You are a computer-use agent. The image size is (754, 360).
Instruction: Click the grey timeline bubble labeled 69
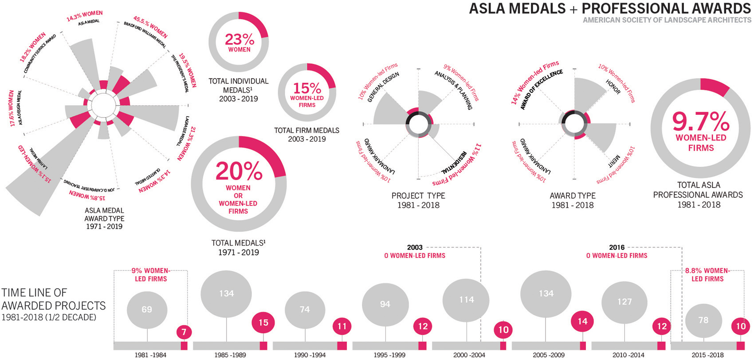tap(147, 309)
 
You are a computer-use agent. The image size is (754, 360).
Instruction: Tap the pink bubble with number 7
tap(184, 332)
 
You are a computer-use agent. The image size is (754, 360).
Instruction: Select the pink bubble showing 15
tap(263, 322)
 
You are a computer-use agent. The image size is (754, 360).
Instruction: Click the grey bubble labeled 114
tap(466, 300)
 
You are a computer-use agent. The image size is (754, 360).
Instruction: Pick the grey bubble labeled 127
tap(624, 301)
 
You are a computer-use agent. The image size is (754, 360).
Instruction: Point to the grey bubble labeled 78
tap(703, 320)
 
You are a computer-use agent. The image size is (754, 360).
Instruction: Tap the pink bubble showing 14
tap(582, 321)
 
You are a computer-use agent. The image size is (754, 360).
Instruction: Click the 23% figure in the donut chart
tap(239, 39)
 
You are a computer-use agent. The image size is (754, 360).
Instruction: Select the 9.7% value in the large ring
tap(701, 121)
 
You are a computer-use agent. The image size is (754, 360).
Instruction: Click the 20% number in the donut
tap(239, 171)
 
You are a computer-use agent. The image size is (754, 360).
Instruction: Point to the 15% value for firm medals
tap(307, 88)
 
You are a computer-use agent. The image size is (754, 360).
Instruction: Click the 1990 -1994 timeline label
tap(310, 355)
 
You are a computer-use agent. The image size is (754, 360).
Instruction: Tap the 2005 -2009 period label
tap(549, 355)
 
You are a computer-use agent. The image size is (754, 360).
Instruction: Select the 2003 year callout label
tap(415, 247)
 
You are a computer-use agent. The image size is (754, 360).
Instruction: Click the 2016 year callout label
tap(617, 247)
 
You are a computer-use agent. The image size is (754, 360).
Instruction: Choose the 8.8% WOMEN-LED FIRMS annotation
tap(707, 274)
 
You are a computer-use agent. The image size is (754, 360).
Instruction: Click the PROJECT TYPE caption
tap(418, 196)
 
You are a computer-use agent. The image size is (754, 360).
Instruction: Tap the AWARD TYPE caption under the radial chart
tap(573, 196)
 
